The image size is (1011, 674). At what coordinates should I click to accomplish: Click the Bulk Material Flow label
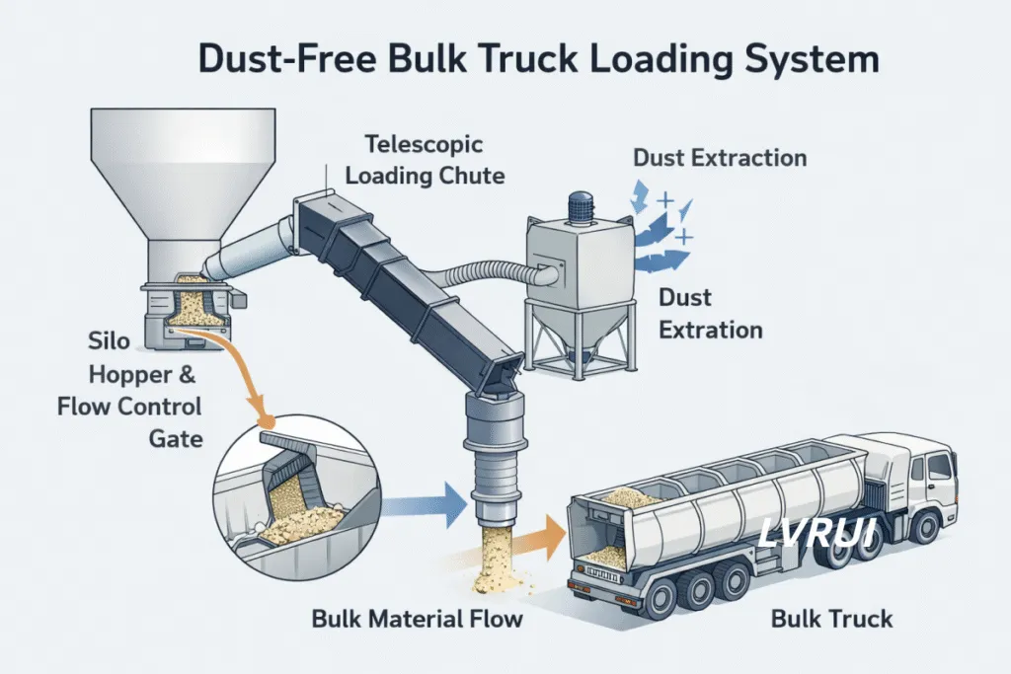point(417,620)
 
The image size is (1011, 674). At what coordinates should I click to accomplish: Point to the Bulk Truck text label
point(831,620)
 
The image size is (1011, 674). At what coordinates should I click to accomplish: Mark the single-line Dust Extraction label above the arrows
point(719,158)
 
